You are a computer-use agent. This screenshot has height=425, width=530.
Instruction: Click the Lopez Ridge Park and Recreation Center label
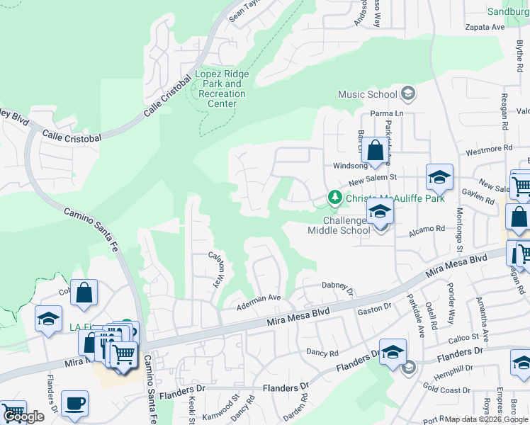(x=222, y=89)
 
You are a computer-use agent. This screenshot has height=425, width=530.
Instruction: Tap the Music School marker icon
(x=407, y=93)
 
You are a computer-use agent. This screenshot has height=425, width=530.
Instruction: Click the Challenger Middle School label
(x=339, y=225)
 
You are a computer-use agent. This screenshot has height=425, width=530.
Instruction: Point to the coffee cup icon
(x=74, y=403)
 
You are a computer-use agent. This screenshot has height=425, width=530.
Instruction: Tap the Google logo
(x=23, y=416)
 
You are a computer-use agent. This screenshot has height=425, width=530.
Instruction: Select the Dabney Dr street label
(x=337, y=286)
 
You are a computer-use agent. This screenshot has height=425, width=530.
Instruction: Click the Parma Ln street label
(x=386, y=113)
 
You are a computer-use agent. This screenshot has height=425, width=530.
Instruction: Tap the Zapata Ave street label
(x=484, y=27)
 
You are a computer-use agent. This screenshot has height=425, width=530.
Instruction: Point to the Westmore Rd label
(x=488, y=149)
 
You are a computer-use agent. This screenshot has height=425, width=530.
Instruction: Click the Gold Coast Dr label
(x=446, y=390)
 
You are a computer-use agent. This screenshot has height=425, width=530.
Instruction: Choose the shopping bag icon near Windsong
(x=375, y=150)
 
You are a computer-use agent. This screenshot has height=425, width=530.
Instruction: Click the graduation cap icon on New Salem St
(x=439, y=178)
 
